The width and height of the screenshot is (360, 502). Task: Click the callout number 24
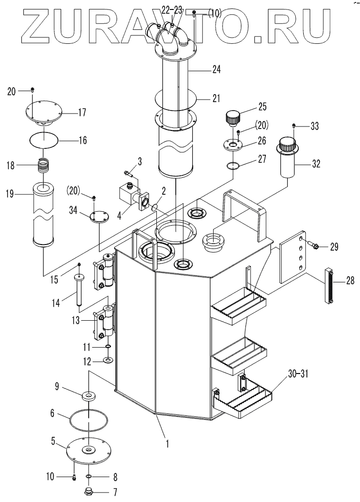point(216,69)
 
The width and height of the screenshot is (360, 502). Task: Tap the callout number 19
point(10,194)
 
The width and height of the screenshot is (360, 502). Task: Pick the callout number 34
point(74,211)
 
